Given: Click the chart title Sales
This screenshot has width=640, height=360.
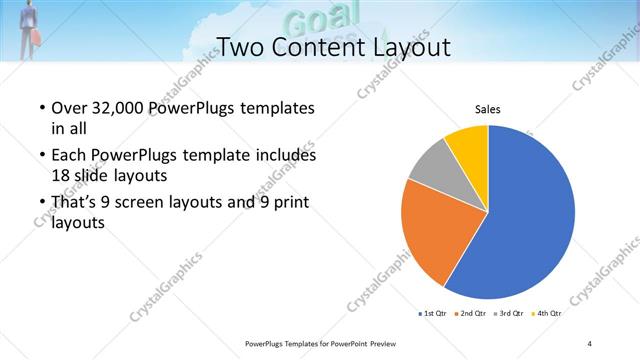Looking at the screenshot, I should click(x=487, y=110).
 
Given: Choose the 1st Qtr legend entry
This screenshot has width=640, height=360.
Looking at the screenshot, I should click(x=433, y=313).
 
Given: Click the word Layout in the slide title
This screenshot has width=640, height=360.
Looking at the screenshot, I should click(x=403, y=46).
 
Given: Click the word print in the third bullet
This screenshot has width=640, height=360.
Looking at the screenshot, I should click(x=287, y=204).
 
